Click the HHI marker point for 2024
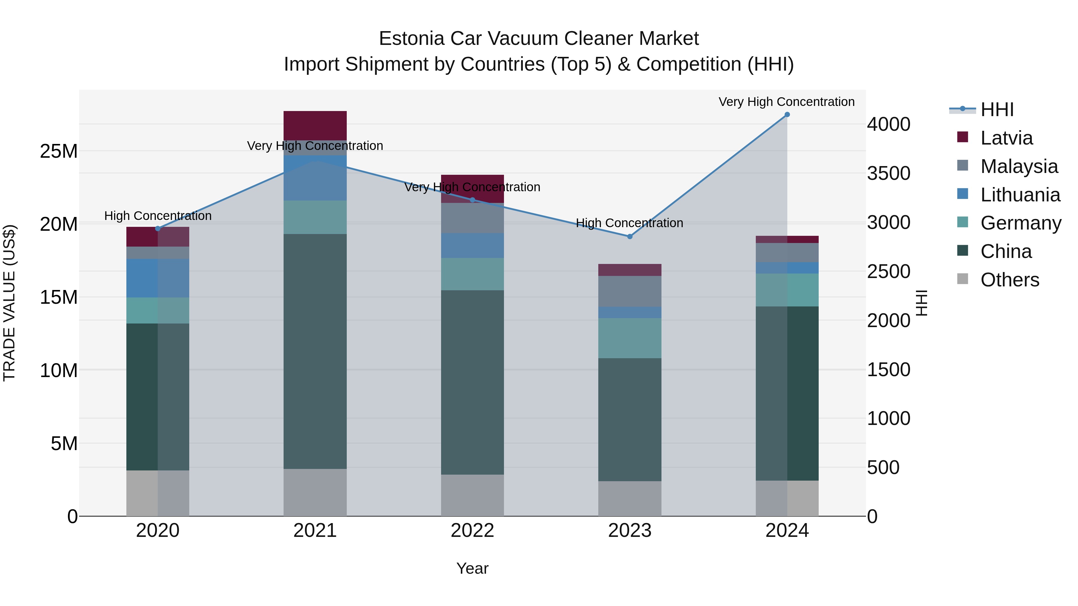(x=787, y=115)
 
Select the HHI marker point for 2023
(x=629, y=237)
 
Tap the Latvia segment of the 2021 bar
(x=315, y=125)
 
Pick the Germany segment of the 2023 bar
(x=629, y=338)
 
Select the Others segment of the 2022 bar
(x=472, y=495)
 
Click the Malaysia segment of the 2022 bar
(x=472, y=218)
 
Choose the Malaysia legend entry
(x=1019, y=166)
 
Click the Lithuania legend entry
(x=1020, y=195)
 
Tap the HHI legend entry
(x=997, y=110)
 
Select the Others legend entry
(x=1009, y=280)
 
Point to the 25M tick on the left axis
(x=59, y=151)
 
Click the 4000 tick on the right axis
(x=888, y=124)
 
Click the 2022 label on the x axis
(x=472, y=531)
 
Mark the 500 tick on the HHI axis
(x=883, y=467)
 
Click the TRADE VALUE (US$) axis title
(x=9, y=303)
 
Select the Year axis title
(x=472, y=568)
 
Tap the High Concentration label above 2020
(x=158, y=216)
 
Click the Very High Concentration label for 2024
(x=786, y=102)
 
